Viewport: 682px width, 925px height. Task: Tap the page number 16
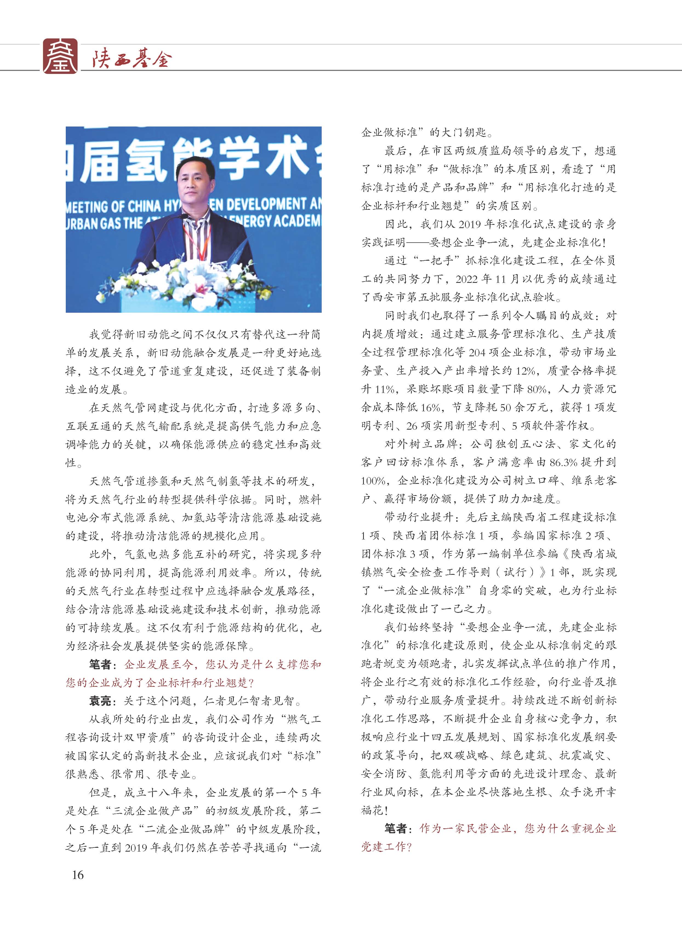pyautogui.click(x=78, y=875)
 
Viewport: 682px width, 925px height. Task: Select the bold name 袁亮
pyautogui.click(x=100, y=700)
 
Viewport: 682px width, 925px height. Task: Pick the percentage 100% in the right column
pyautogui.click(x=373, y=481)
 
